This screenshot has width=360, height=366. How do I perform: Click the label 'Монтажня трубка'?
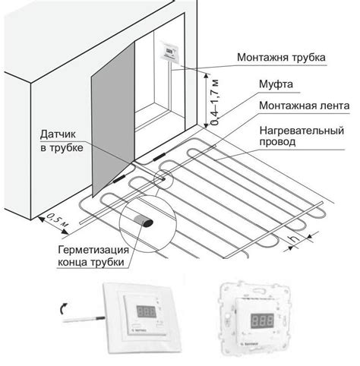click(x=281, y=58)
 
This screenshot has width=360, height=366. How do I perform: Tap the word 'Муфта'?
click(x=276, y=84)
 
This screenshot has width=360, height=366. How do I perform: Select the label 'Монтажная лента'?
click(x=304, y=106)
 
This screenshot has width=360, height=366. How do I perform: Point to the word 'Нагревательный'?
click(x=302, y=131)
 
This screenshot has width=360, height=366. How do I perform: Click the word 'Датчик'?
click(x=58, y=134)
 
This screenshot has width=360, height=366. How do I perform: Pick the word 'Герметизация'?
click(x=93, y=251)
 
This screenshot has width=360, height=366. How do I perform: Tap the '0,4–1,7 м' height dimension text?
click(x=215, y=103)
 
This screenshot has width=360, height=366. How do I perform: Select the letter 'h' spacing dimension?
click(x=295, y=238)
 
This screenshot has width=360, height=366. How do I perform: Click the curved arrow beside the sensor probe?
click(x=62, y=308)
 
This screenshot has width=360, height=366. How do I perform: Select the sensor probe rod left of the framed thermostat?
click(x=84, y=319)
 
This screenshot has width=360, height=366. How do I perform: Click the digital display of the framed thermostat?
click(x=146, y=311)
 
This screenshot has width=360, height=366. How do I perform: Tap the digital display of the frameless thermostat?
click(x=262, y=320)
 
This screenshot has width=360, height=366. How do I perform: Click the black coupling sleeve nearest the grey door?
click(x=119, y=179)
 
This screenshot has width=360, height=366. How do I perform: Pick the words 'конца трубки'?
click(x=91, y=262)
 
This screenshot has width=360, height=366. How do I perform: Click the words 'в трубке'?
click(x=62, y=147)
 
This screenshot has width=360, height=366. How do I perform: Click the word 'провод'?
click(x=277, y=142)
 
